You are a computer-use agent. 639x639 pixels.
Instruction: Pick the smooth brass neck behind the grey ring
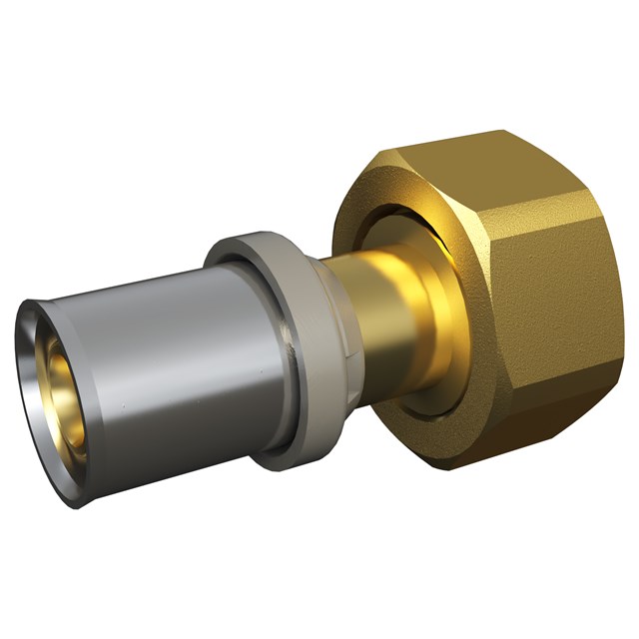[369, 329]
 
